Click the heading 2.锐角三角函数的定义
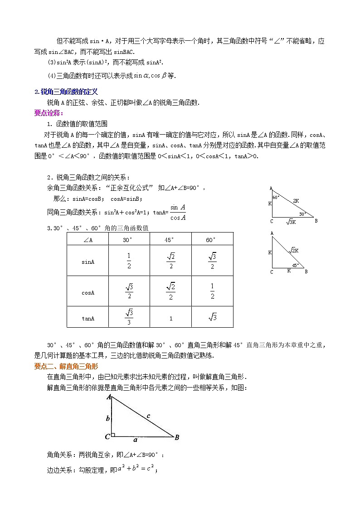click(66, 92)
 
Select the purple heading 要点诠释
click(49, 112)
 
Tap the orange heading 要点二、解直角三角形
click(66, 366)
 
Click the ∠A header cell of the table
click(88, 240)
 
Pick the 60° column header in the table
click(212, 240)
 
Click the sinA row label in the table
click(88, 262)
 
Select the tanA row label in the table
click(88, 318)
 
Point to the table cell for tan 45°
click(170, 318)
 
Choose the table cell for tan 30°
click(129, 317)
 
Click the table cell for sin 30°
click(129, 262)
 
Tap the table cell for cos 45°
click(170, 291)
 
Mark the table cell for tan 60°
click(212, 318)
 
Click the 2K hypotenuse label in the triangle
click(296, 200)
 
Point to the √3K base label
click(290, 222)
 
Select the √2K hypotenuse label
click(294, 250)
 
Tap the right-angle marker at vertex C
click(113, 435)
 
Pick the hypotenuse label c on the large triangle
click(148, 415)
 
